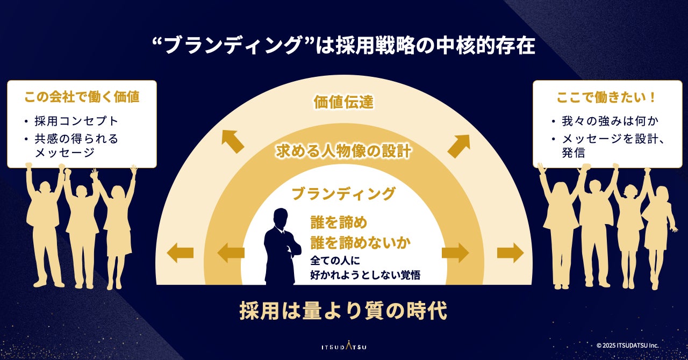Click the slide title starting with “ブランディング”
coord(344,46)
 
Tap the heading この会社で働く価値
coord(82,97)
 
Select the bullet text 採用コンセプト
coord(76,121)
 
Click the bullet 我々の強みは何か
coord(610,121)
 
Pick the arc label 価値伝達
coord(343,102)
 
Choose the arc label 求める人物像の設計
coord(343,152)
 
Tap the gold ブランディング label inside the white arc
coord(343,193)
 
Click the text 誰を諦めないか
coord(361,242)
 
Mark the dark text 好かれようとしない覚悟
coord(365,275)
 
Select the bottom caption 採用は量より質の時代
coord(343,312)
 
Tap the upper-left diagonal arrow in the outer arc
coord(233,141)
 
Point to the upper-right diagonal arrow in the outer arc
coord(459,146)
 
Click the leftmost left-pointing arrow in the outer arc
coord(180,253)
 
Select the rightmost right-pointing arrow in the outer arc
coord(510,253)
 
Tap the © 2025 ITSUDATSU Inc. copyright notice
coord(627,345)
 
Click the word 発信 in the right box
coord(574,153)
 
